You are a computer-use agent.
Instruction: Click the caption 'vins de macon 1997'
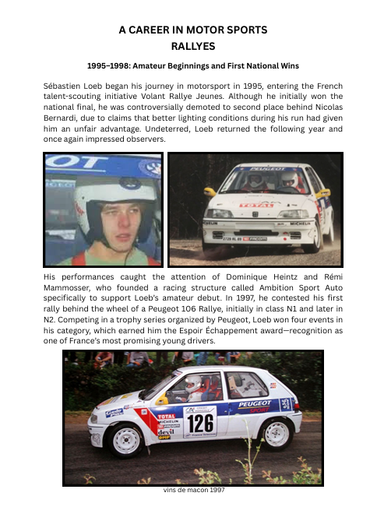tap(192, 492)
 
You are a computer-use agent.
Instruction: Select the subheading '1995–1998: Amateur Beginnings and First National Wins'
tap(192, 68)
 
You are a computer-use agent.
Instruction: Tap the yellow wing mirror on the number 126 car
tap(162, 400)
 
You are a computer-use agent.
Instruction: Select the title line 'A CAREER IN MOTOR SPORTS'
tap(192, 29)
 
